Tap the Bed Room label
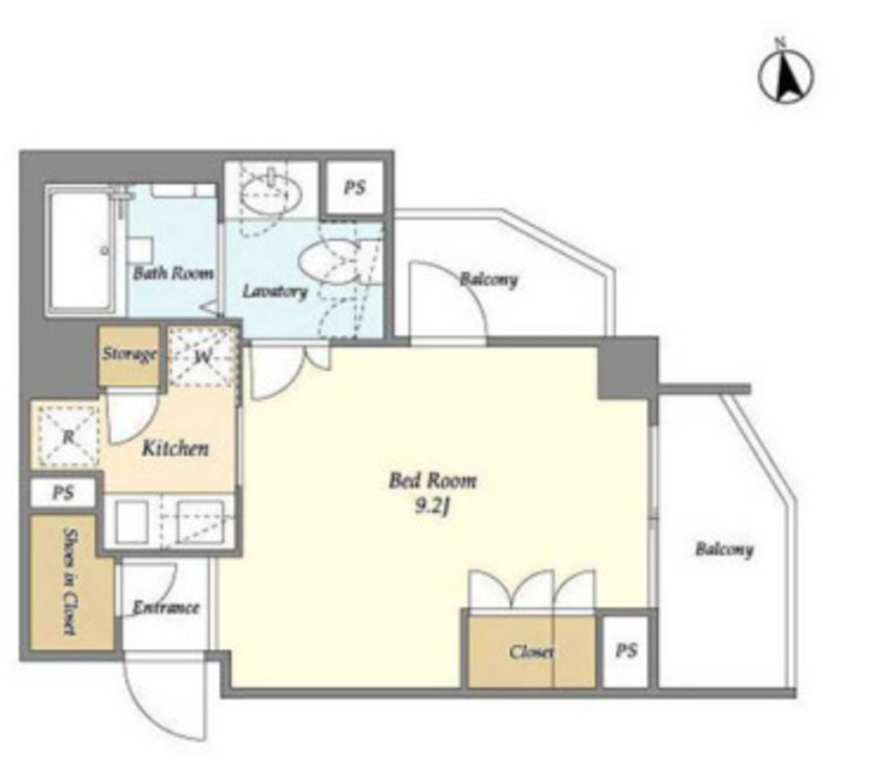tap(433, 481)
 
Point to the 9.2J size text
tap(432, 507)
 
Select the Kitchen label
tap(175, 448)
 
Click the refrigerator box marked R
tap(68, 436)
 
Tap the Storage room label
tap(129, 355)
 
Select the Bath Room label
tap(173, 273)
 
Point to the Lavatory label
tap(275, 291)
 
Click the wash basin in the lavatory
tap(271, 193)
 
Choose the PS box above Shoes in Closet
tap(62, 493)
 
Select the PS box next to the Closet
tap(625, 651)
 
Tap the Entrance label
tap(166, 608)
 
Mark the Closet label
tap(531, 652)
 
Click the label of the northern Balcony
tap(488, 279)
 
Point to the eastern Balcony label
tap(724, 549)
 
